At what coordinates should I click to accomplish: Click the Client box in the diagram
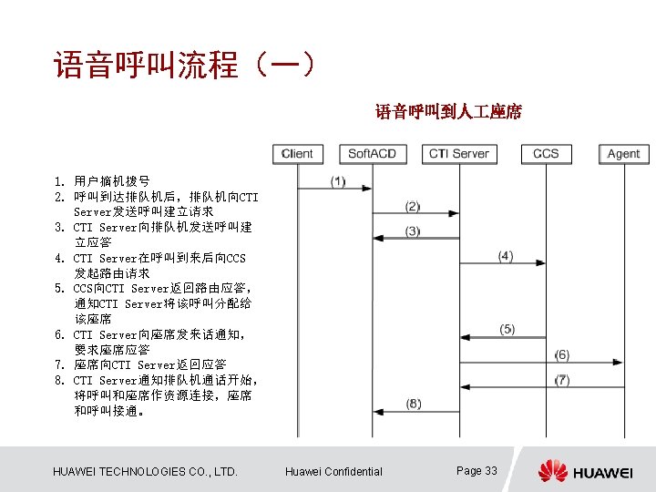click(297, 153)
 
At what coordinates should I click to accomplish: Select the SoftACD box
click(372, 153)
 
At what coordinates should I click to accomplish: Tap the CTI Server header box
click(458, 153)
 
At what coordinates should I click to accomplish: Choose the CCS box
click(545, 153)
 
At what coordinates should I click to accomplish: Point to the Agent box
click(623, 153)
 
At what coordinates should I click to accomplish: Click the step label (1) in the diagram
click(338, 181)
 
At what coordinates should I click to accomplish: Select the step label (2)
click(413, 207)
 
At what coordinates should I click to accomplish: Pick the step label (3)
click(413, 231)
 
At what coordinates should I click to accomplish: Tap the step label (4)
click(506, 256)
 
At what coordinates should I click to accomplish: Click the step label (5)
click(507, 329)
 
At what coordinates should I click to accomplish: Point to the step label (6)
click(562, 354)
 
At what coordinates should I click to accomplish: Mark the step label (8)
click(414, 404)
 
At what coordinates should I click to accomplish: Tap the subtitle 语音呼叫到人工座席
click(448, 112)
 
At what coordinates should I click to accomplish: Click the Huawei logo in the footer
click(584, 471)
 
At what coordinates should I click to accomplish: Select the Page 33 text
click(477, 470)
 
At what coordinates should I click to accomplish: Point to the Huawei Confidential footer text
click(333, 471)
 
